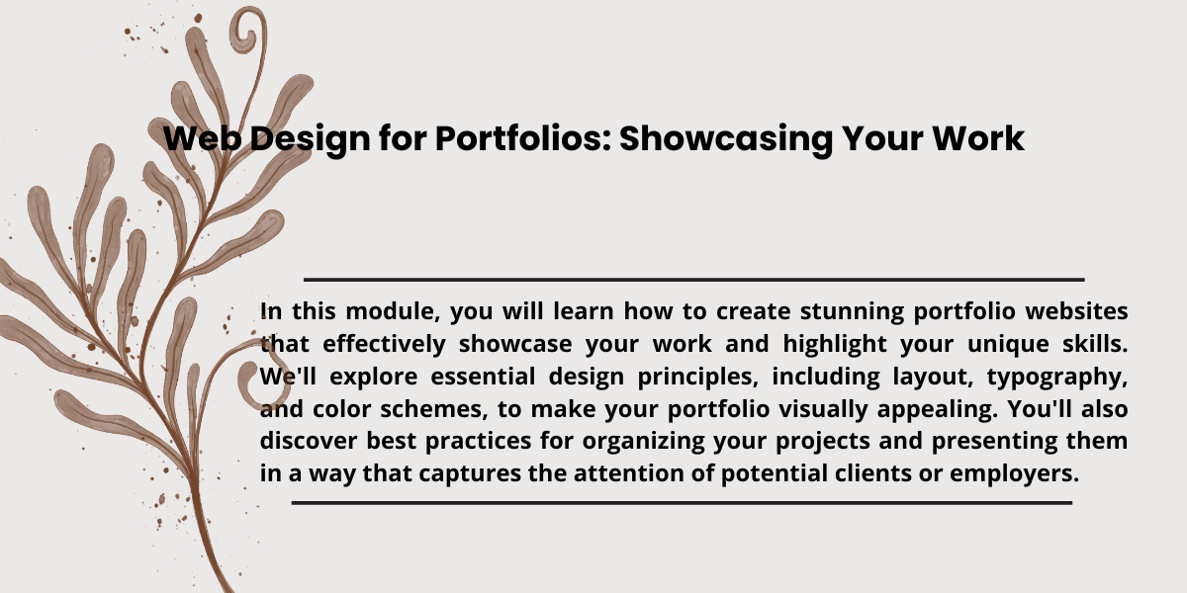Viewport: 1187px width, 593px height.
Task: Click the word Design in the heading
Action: [310, 139]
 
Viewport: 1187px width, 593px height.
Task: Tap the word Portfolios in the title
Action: [523, 138]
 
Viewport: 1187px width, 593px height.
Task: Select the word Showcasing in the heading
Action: [725, 139]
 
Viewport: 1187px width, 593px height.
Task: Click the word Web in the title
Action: [203, 138]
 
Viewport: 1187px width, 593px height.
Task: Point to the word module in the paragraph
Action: [392, 310]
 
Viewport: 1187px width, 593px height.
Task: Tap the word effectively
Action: [384, 344]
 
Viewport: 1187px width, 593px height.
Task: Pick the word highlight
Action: [835, 344]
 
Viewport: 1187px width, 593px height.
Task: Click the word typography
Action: [1057, 377]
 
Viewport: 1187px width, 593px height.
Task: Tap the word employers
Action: [1014, 473]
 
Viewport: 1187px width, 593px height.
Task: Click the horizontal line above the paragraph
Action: [694, 279]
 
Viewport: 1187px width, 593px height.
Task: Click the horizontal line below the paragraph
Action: [682, 502]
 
